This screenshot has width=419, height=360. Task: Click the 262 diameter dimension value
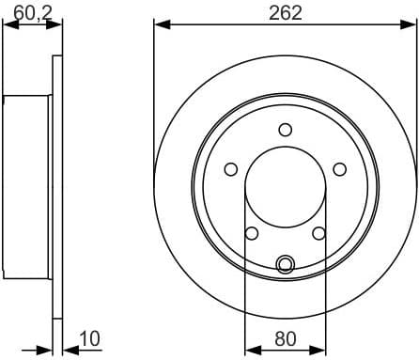285,12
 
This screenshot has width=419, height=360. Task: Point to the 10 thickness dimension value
90,337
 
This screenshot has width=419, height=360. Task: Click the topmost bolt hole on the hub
286,130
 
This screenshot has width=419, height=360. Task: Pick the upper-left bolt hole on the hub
231,168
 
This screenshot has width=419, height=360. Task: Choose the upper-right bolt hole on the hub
339,168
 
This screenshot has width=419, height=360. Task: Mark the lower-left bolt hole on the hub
252,233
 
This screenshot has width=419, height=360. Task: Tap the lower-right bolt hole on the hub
318,233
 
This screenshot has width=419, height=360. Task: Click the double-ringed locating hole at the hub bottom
286,264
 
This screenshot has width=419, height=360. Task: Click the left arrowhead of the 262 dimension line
160,25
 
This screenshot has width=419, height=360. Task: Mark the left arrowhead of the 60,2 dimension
8,25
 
